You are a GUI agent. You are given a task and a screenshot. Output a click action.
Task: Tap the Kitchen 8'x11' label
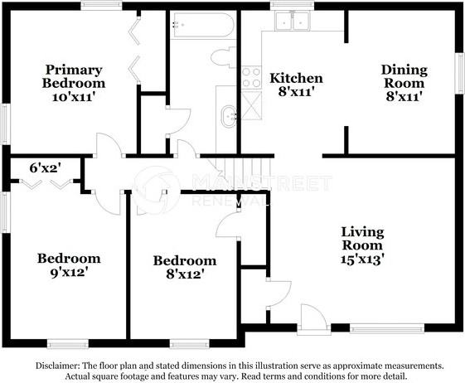[x=296, y=85]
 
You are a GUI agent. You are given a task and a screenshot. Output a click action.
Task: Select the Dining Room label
[x=404, y=83]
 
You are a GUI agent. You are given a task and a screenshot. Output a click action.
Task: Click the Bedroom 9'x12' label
[x=68, y=264]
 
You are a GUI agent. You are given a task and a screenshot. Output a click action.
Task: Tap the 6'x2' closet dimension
[x=46, y=168]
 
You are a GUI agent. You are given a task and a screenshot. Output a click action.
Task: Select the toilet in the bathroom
[x=225, y=57]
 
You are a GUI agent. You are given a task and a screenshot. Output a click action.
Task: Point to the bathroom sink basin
[x=228, y=119]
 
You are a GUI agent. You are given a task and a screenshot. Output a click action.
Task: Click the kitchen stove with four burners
[x=250, y=78]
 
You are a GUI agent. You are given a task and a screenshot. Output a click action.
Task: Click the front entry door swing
[x=312, y=317]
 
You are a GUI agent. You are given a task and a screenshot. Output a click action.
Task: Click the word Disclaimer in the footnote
[x=59, y=366]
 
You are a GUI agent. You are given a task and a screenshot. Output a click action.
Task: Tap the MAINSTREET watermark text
[x=260, y=182]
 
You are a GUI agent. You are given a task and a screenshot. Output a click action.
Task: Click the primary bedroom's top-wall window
[x=103, y=6]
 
